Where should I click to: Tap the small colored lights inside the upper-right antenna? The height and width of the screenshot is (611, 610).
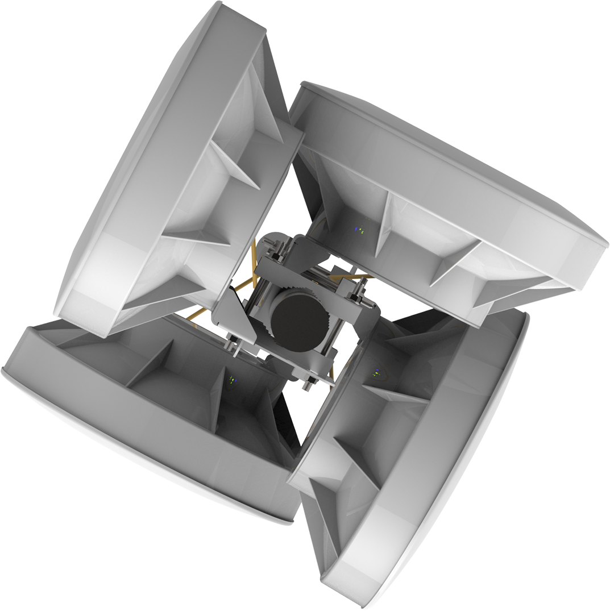click(x=359, y=230)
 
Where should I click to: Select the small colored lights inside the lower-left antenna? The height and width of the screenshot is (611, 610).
click(x=232, y=379)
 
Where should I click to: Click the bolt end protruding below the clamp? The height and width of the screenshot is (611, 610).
click(x=308, y=384)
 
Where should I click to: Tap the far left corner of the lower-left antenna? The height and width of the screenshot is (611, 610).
click(x=3, y=369)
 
